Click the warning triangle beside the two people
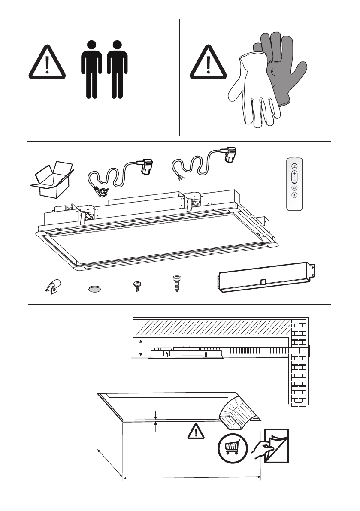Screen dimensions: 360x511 tap(47, 65)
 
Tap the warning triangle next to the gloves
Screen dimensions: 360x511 tap(208, 65)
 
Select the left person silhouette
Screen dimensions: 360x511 tap(91, 69)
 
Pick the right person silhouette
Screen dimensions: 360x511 tap(117, 69)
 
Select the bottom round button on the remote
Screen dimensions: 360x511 tap(294, 194)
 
